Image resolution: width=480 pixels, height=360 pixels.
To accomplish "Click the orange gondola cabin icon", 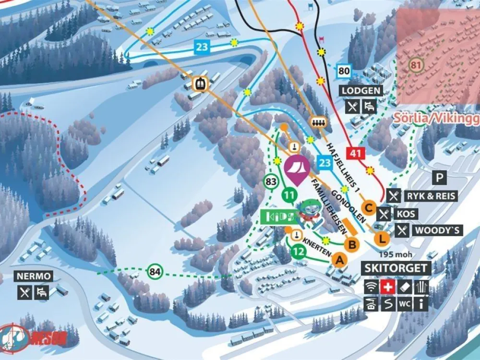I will [199, 84].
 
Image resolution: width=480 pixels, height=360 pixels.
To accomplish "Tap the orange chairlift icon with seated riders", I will [318, 122].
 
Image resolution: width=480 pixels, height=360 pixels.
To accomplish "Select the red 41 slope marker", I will [355, 154].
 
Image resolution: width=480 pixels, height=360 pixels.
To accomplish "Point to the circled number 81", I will [415, 64].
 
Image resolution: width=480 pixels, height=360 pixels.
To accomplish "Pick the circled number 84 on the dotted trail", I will [155, 272].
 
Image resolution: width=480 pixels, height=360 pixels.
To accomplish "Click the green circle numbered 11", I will [289, 195].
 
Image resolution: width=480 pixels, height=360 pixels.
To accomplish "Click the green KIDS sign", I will [279, 217].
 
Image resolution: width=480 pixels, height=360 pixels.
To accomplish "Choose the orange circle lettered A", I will [339, 260].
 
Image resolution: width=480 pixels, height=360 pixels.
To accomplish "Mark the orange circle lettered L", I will [382, 238].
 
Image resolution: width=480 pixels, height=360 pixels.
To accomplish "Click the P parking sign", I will [439, 178].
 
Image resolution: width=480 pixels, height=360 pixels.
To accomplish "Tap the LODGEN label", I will [361, 91].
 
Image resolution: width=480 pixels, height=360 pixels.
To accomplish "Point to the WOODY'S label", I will [437, 230].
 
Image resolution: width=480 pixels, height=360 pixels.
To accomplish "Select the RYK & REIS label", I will [431, 196].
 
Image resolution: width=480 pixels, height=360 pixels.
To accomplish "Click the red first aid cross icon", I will [387, 287].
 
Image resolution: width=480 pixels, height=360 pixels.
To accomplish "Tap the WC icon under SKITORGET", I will [404, 303].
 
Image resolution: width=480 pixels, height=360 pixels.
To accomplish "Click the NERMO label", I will [33, 276].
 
